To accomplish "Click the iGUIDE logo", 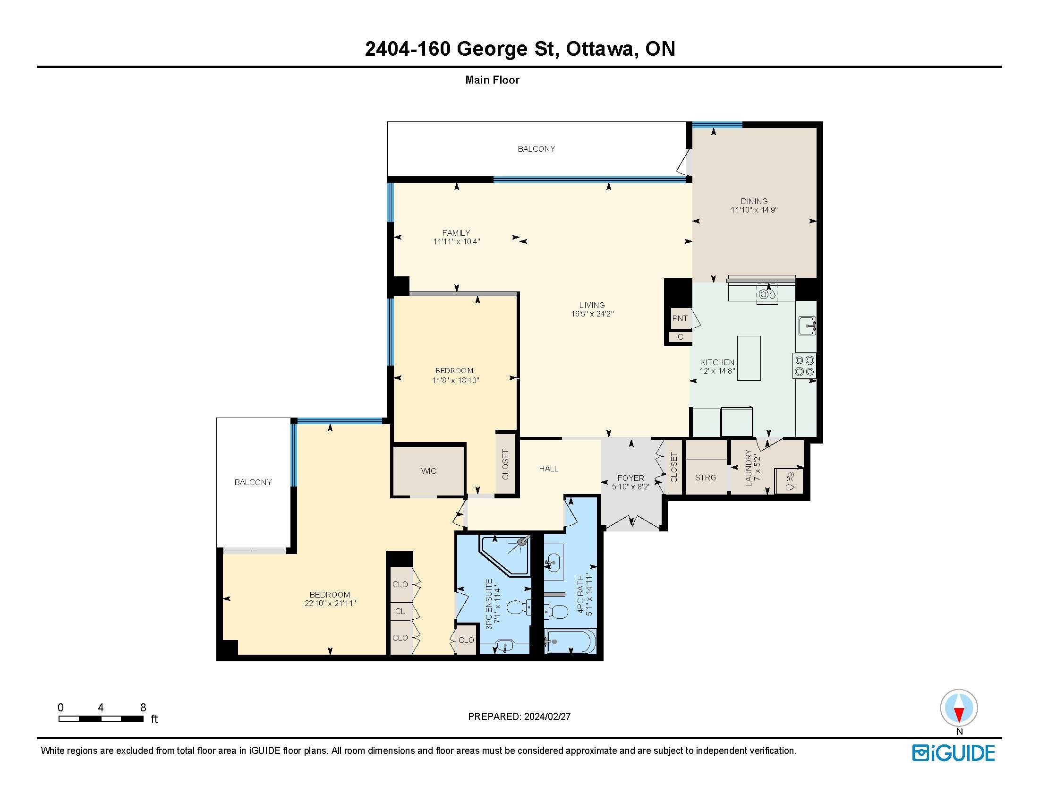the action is pyautogui.click(x=954, y=753).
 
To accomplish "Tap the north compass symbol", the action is pyautogui.click(x=959, y=709).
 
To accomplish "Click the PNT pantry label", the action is pyautogui.click(x=680, y=318).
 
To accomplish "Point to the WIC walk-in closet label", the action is pyautogui.click(x=428, y=471).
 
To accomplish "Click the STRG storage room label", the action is pyautogui.click(x=706, y=478).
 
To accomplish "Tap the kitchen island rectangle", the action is pyautogui.click(x=749, y=358).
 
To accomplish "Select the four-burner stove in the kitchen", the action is pyautogui.click(x=804, y=366).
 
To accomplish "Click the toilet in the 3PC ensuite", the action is pyautogui.click(x=519, y=607).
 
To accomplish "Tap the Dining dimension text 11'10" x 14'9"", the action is pyautogui.click(x=754, y=210).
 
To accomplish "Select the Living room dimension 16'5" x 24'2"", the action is pyautogui.click(x=592, y=314).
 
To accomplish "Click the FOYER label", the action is pyautogui.click(x=631, y=478).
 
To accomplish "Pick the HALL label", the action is pyautogui.click(x=548, y=469).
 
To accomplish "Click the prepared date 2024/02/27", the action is pyautogui.click(x=547, y=717).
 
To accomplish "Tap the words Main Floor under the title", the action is pyautogui.click(x=493, y=80).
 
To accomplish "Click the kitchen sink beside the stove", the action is pyautogui.click(x=807, y=325).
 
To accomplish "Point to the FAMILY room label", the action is pyautogui.click(x=456, y=233).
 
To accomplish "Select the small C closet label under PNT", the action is pyautogui.click(x=680, y=337).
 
